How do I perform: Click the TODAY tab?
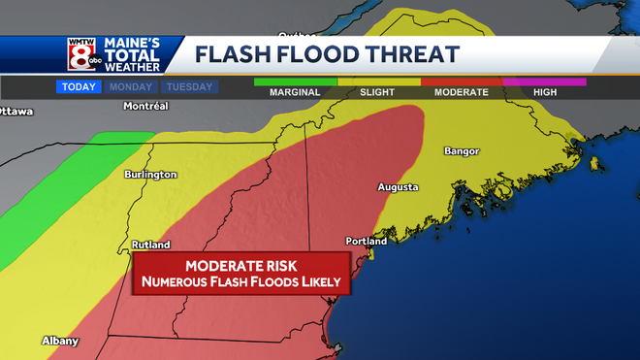click(78, 87)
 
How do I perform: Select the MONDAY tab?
click(130, 87)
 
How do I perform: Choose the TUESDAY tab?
click(189, 87)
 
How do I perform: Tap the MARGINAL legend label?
click(296, 91)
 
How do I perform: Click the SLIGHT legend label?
click(378, 91)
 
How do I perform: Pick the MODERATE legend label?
click(462, 91)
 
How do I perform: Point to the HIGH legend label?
click(544, 91)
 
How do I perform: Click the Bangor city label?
click(462, 151)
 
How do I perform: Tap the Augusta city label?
click(399, 186)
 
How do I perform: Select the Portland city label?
click(367, 241)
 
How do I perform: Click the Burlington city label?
click(150, 175)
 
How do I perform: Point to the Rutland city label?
click(150, 245)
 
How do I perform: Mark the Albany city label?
click(60, 341)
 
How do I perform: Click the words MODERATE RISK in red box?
click(240, 265)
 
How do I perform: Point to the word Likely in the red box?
click(319, 282)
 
